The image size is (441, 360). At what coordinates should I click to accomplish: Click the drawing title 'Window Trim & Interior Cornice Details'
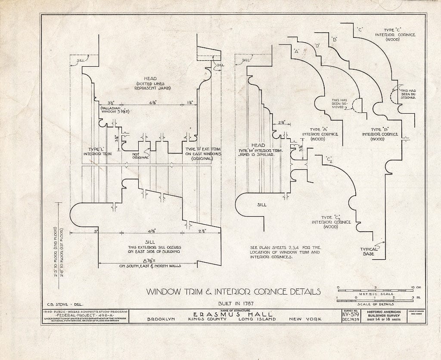coord(234,292)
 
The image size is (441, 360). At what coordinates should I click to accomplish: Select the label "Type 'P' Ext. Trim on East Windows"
coord(199,154)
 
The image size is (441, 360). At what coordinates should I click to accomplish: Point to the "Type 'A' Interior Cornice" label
coord(320,134)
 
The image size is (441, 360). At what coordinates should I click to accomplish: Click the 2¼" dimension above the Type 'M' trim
coord(281,123)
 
